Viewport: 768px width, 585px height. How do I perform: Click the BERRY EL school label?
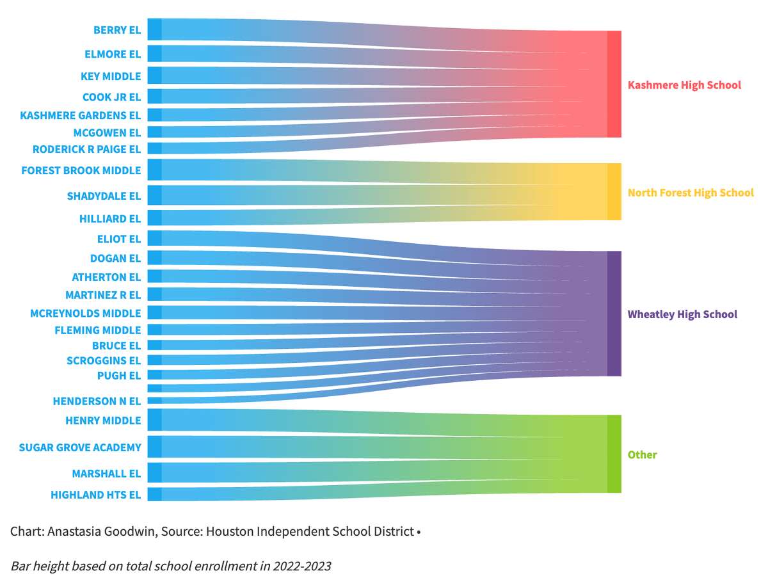116,30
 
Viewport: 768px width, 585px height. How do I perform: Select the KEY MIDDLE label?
111,76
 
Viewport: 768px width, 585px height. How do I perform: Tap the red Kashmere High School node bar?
614,84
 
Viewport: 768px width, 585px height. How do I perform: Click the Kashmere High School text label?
684,85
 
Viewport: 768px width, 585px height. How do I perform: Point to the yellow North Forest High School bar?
614,192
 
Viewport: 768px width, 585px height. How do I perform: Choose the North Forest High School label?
691,193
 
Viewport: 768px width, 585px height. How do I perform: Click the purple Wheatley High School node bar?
614,314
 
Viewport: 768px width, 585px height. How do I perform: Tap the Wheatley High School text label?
682,314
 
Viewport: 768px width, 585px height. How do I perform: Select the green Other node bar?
614,454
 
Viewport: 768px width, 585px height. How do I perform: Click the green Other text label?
642,455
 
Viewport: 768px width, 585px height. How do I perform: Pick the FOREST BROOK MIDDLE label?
81,171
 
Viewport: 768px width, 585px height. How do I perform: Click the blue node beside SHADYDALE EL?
154,195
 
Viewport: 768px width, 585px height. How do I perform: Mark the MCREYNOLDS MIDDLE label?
85,314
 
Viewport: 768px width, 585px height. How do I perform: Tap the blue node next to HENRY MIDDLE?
154,420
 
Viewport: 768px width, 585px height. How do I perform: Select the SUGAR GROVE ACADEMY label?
80,447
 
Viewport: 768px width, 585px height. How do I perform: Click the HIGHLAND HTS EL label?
95,495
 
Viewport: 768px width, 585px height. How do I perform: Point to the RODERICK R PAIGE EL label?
86,149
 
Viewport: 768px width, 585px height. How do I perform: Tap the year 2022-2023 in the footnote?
302,566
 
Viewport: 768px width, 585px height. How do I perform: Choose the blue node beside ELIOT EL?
154,238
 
